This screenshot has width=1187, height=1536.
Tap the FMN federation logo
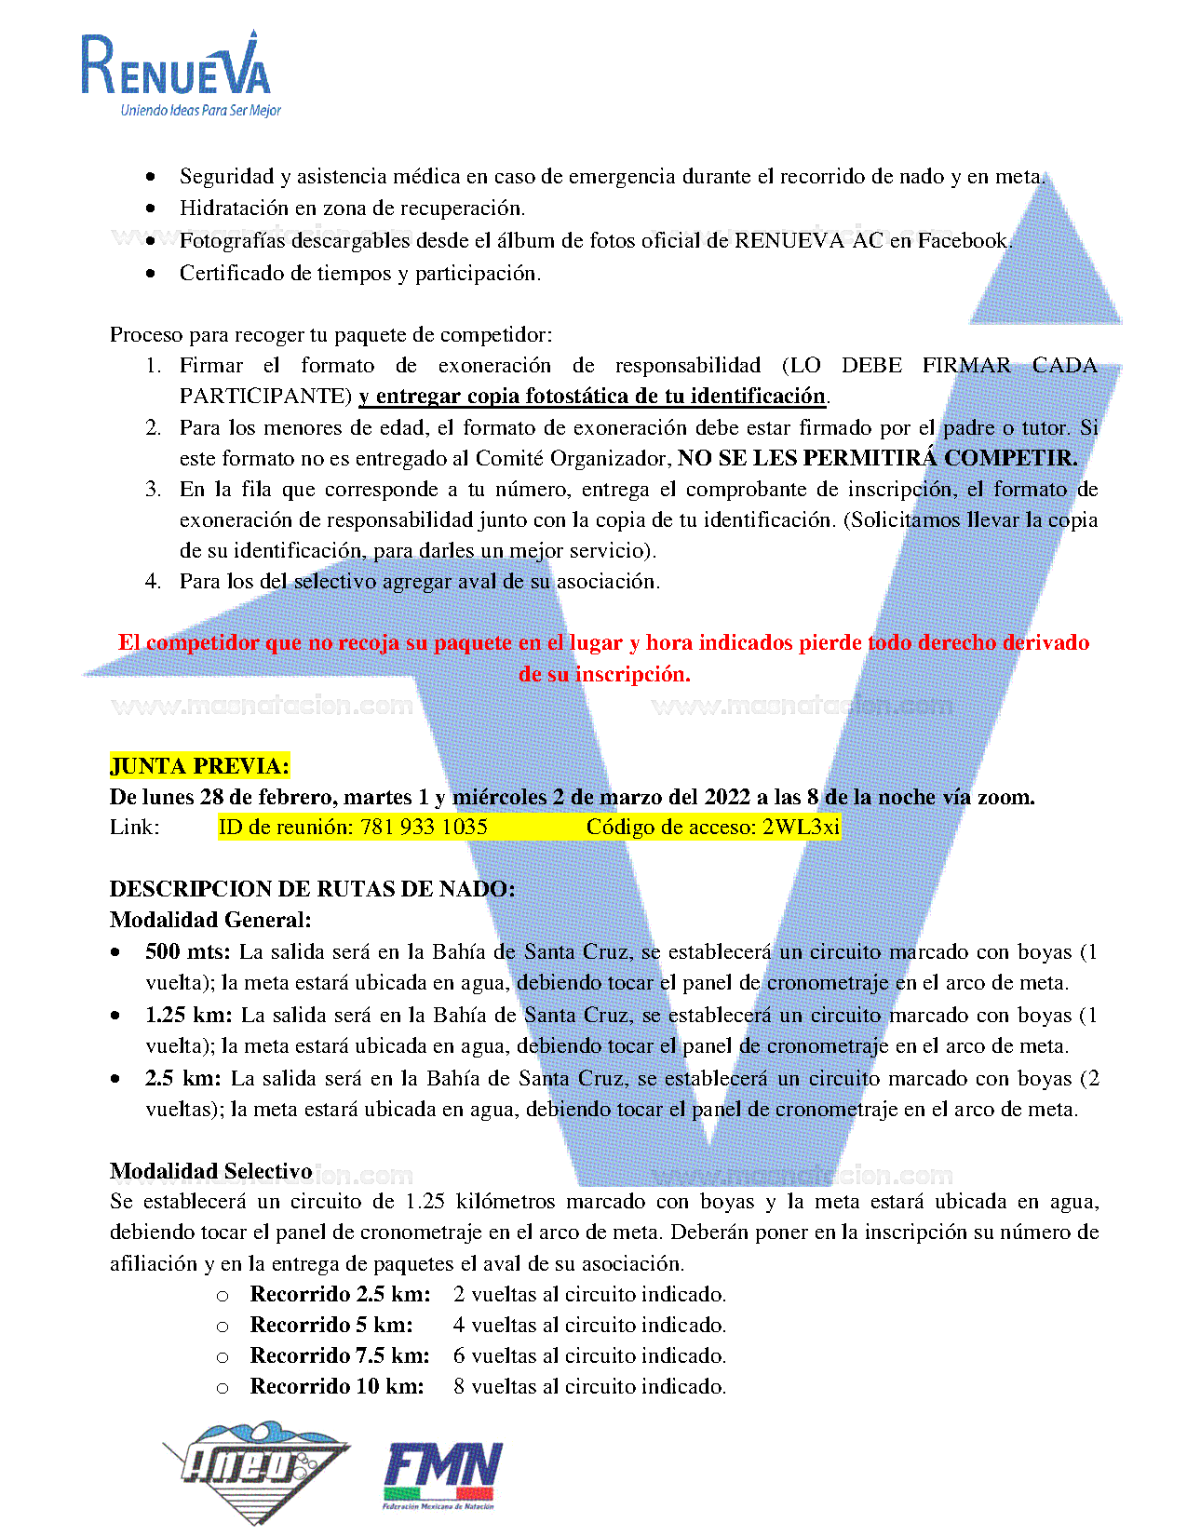tap(442, 1475)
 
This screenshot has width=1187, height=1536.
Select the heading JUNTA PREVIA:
tap(199, 766)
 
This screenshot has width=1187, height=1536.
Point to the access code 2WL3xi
tap(801, 827)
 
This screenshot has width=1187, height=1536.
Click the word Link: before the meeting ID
tap(134, 827)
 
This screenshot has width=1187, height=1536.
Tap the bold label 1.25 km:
tap(189, 1015)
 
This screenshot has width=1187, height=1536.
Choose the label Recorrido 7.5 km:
tap(340, 1355)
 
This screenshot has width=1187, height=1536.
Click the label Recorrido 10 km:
tap(337, 1386)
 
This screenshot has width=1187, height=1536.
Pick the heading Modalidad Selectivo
tap(210, 1170)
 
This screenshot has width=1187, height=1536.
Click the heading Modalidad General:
tap(210, 920)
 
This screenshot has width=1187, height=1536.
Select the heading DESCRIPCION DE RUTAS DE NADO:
tap(312, 889)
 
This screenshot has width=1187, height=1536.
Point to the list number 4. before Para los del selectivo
tap(154, 582)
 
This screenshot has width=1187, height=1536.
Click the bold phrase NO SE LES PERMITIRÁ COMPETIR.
tap(877, 458)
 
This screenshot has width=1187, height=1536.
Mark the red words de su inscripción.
tap(604, 674)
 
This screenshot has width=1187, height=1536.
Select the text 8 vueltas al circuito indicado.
tap(589, 1386)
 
